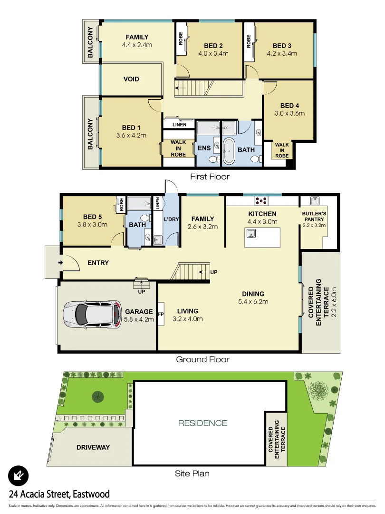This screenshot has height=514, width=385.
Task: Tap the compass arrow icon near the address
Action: pyautogui.click(x=19, y=475)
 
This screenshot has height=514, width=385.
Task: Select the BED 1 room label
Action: pyautogui.click(x=131, y=128)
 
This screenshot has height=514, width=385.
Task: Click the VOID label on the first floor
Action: pyautogui.click(x=131, y=79)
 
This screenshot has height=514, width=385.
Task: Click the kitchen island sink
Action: pyautogui.click(x=251, y=233)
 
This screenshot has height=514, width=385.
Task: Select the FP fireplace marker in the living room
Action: pyautogui.click(x=161, y=314)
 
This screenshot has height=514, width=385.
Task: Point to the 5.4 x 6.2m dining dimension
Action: pyautogui.click(x=253, y=301)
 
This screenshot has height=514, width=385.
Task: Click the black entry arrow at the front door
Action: pyautogui.click(x=60, y=263)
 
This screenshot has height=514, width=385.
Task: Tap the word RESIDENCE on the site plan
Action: pyautogui.click(x=203, y=423)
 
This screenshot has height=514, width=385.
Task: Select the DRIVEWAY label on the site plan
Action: pyautogui.click(x=93, y=447)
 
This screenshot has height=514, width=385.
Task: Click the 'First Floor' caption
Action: pyautogui.click(x=210, y=177)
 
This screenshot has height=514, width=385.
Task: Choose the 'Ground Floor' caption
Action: pyautogui.click(x=202, y=359)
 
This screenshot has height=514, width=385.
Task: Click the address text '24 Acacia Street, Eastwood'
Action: pyautogui.click(x=59, y=494)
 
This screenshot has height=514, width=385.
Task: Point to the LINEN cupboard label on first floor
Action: pyautogui.click(x=179, y=125)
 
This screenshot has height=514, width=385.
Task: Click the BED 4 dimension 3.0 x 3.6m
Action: pyautogui.click(x=289, y=113)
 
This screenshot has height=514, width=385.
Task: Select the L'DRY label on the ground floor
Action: pyautogui.click(x=171, y=221)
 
